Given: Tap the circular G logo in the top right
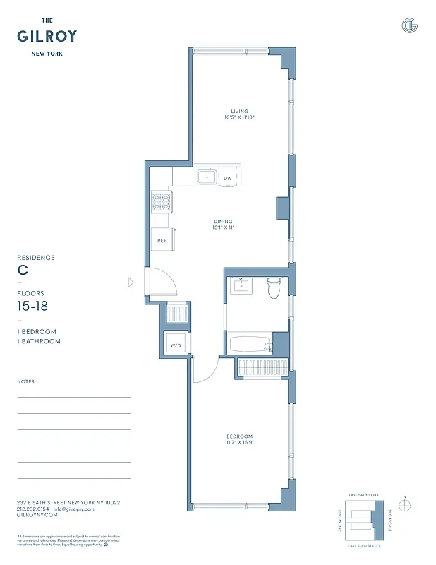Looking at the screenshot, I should click(x=409, y=25).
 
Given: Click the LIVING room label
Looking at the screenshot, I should click(x=240, y=110).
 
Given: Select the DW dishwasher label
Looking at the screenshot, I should click(x=227, y=179).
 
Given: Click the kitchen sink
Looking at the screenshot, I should click(x=207, y=177).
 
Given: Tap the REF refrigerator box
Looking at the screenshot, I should click(x=161, y=240).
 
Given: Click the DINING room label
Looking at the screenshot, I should click(x=224, y=221).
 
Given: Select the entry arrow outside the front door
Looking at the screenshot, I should click(x=131, y=282).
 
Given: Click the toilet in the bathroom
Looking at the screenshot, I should click(x=274, y=287).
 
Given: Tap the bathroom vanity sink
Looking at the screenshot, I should click(x=243, y=285).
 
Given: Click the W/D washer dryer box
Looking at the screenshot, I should click(x=175, y=345).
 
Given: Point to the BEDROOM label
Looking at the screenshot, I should click(x=240, y=436).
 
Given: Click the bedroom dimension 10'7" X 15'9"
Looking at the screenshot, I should click(x=240, y=444).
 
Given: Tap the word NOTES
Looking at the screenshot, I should click(x=25, y=381).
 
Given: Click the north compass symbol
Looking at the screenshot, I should click(x=404, y=505).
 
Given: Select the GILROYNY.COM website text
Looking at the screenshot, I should click(x=35, y=516).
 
